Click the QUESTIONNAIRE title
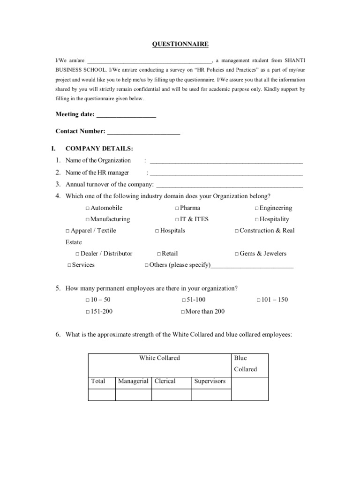pos(180,44)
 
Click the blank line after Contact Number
pos(143,132)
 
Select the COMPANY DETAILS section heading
pos(99,149)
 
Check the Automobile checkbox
pos(88,208)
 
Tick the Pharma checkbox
pos(177,208)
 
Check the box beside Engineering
pos(257,208)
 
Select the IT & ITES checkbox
pos(177,219)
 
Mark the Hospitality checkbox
pos(257,219)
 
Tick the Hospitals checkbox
pos(157,231)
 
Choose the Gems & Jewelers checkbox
pos(237,254)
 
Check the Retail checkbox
pos(159,254)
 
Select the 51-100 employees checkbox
pos(183,300)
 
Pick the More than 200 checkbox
pos(183,311)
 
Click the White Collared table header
pos(159,358)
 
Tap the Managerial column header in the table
pos(133,381)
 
